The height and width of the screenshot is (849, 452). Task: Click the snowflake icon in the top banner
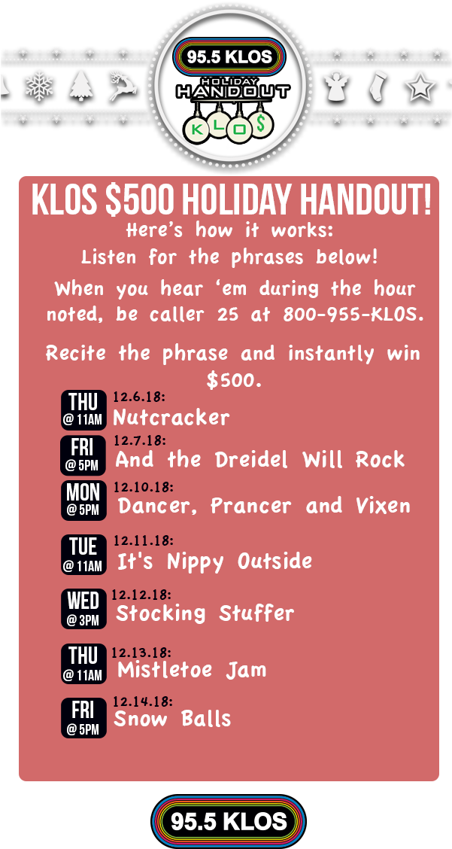pos(39,86)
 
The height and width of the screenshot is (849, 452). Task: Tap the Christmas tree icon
pos(80,86)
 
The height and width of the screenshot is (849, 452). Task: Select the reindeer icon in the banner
pos(123,85)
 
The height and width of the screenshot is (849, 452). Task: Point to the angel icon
pos(336,86)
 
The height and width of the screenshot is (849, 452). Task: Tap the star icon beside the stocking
pos(420,87)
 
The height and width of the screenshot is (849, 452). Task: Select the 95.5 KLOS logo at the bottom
pos(229,822)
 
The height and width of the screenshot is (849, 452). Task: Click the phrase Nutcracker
pos(171,417)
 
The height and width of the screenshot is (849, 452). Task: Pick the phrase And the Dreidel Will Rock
pos(260,460)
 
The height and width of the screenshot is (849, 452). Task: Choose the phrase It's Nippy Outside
pos(214,561)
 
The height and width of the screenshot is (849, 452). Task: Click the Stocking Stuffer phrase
pos(205,613)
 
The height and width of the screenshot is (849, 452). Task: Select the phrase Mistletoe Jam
pos(192,669)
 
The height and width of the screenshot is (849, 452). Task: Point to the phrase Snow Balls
pos(172,719)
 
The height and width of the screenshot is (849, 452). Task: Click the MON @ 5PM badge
pos(83,500)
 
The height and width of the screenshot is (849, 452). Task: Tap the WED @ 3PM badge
pos(83,609)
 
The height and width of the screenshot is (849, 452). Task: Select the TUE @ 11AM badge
pos(83,555)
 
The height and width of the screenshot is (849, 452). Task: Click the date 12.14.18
pos(143,701)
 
